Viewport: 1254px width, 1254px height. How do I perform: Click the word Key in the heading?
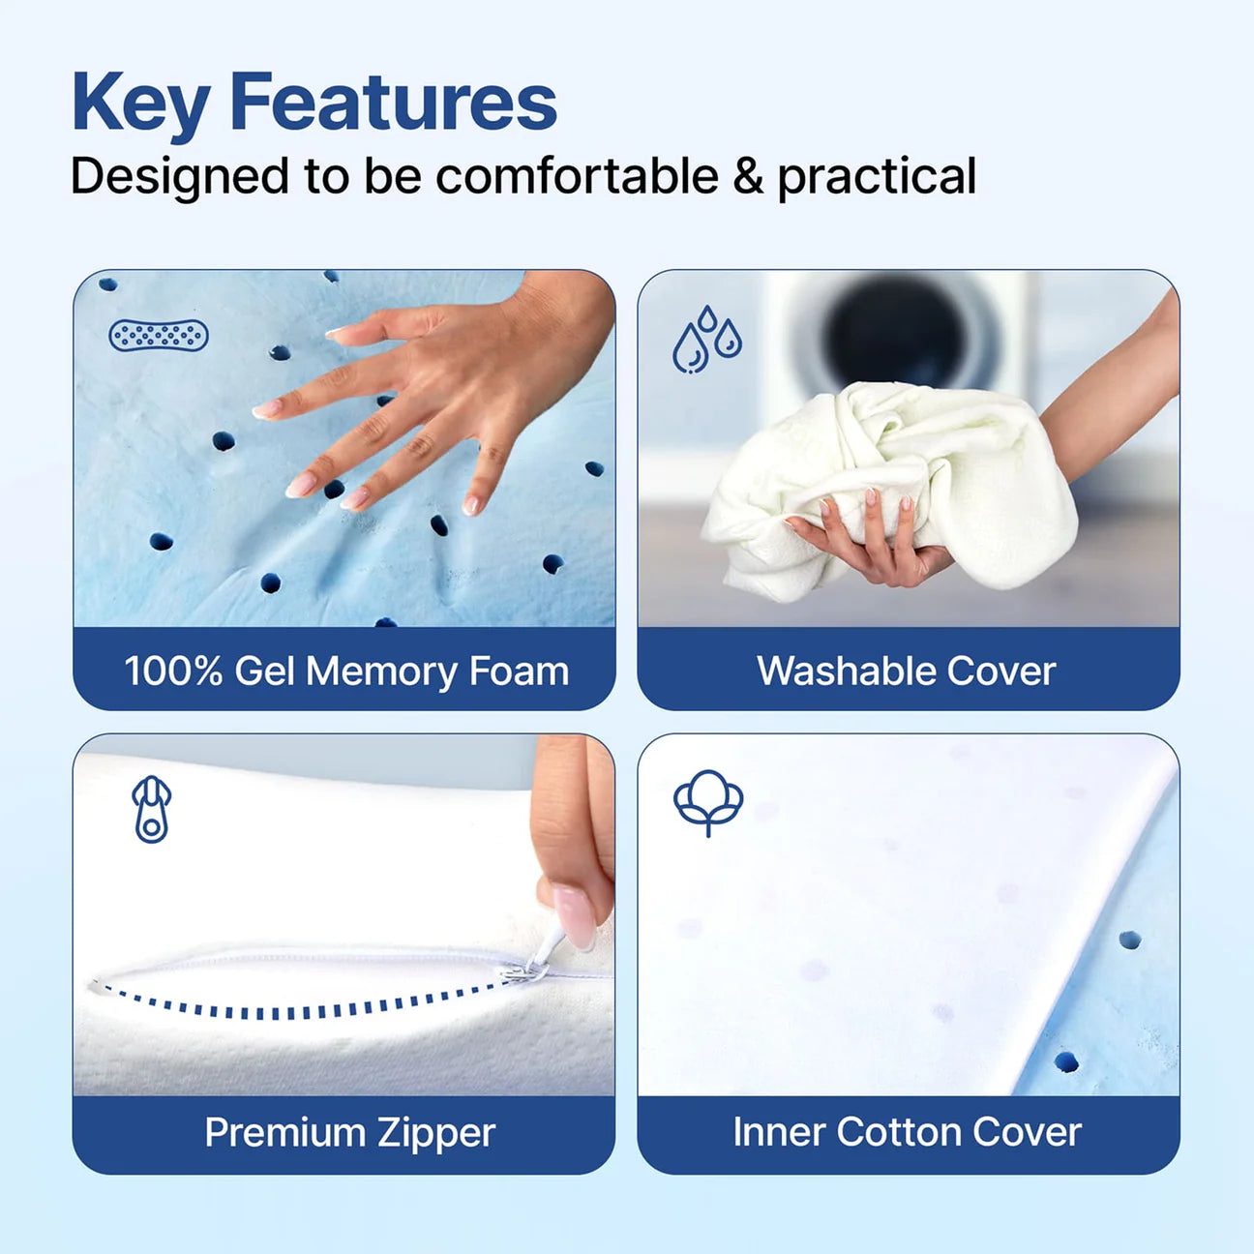click(139, 103)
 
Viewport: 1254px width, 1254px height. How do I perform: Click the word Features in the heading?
click(393, 103)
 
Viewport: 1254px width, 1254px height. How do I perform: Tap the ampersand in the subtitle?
click(748, 177)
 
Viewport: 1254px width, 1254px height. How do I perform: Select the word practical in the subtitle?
click(877, 177)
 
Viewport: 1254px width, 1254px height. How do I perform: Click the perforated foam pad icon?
click(159, 336)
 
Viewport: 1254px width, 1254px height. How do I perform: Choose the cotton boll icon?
click(708, 802)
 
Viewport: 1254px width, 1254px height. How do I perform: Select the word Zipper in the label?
click(435, 1133)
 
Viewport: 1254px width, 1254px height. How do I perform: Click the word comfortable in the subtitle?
click(577, 177)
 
